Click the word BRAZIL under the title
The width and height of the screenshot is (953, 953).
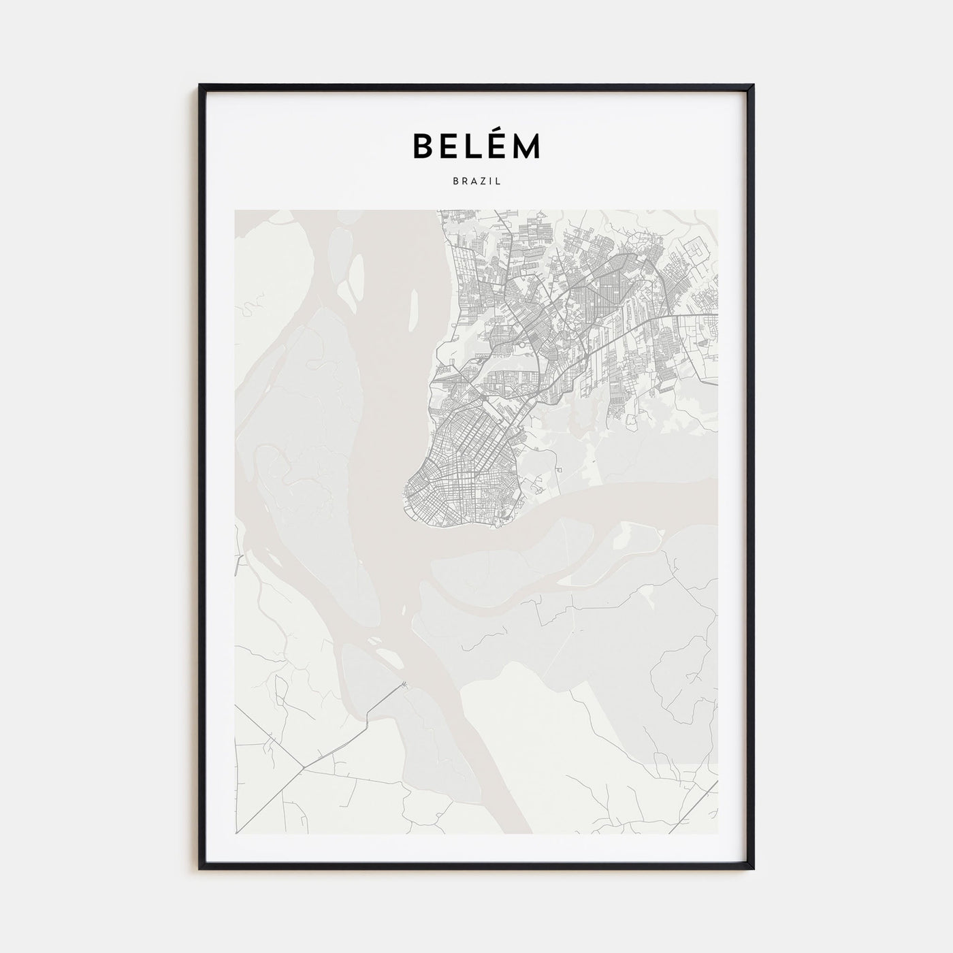tap(476, 182)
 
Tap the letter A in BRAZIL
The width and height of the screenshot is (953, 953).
tap(472, 182)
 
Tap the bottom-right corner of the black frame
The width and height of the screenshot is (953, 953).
tap(753, 868)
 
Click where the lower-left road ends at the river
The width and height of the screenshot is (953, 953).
tap(406, 683)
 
